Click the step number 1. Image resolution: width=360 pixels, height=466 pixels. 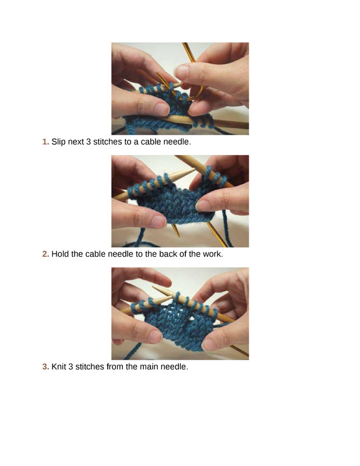(45, 142)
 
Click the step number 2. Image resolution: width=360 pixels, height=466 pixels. (45, 254)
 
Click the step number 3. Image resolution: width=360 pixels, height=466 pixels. (45, 367)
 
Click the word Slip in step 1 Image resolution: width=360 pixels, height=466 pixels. (59, 142)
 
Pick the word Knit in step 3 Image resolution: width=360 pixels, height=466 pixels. (59, 367)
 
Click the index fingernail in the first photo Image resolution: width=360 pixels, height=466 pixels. (181, 72)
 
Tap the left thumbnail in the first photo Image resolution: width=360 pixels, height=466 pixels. (161, 110)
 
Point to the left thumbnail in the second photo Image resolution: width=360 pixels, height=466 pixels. (158, 221)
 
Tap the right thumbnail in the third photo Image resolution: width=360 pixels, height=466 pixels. (209, 345)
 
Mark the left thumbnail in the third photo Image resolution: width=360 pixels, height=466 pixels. (156, 336)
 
